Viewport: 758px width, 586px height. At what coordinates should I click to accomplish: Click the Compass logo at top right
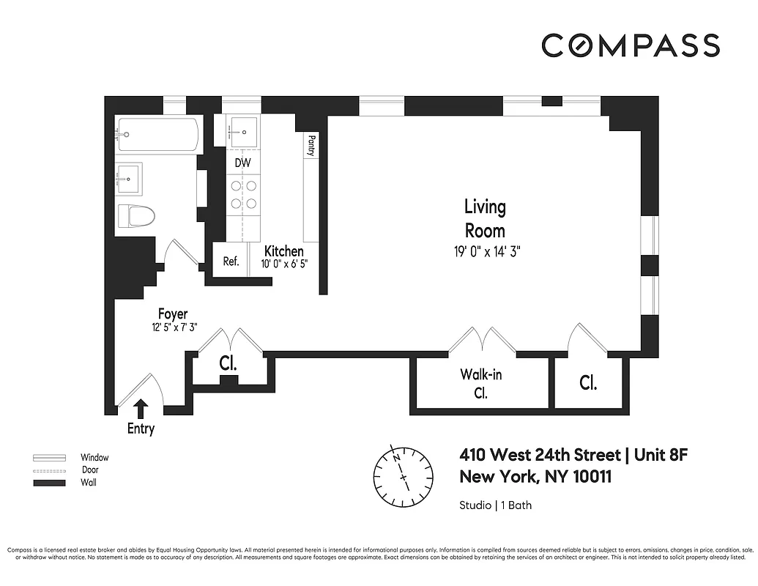point(631,45)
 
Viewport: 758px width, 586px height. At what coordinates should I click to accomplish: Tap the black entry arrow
point(141,408)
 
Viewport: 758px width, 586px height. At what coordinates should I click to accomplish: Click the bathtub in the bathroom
point(158,135)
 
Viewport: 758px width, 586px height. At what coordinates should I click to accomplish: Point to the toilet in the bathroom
point(138,216)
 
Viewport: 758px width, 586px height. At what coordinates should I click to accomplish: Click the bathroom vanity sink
point(129,177)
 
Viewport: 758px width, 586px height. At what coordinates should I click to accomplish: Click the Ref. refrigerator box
point(231,261)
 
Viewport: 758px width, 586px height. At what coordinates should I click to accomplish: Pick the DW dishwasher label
point(242,162)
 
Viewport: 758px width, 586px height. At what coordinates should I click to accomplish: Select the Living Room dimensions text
point(486,251)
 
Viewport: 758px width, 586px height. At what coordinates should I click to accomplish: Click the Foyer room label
point(172,314)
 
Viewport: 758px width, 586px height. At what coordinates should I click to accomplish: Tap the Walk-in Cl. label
point(480,383)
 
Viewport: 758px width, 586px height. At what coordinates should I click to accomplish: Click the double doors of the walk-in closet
point(481,342)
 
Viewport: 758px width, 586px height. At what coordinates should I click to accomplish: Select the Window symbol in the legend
point(49,457)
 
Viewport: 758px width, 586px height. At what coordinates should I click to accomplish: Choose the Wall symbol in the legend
point(49,483)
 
